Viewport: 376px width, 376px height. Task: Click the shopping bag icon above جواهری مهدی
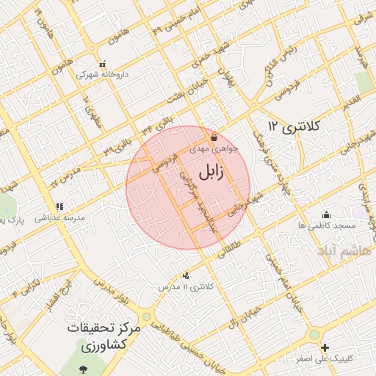214,137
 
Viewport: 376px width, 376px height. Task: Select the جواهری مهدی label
214,148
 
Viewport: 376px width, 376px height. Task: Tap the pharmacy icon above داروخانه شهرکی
102,63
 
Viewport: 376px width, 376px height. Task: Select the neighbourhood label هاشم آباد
344,250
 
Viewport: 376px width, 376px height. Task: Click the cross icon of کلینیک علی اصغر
325,347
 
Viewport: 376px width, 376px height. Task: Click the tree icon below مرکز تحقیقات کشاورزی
82,367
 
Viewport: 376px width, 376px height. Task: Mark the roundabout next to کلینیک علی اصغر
314,334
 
